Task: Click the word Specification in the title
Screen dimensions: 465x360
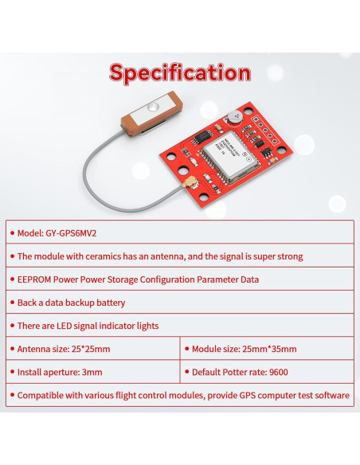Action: (179, 72)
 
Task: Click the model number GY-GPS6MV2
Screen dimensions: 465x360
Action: (75, 233)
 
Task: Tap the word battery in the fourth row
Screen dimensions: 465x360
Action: (108, 303)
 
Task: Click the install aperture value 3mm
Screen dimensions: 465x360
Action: (92, 372)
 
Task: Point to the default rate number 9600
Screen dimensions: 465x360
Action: (278, 372)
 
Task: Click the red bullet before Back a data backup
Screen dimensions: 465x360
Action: (11, 303)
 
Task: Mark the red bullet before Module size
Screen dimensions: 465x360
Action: (186, 349)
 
